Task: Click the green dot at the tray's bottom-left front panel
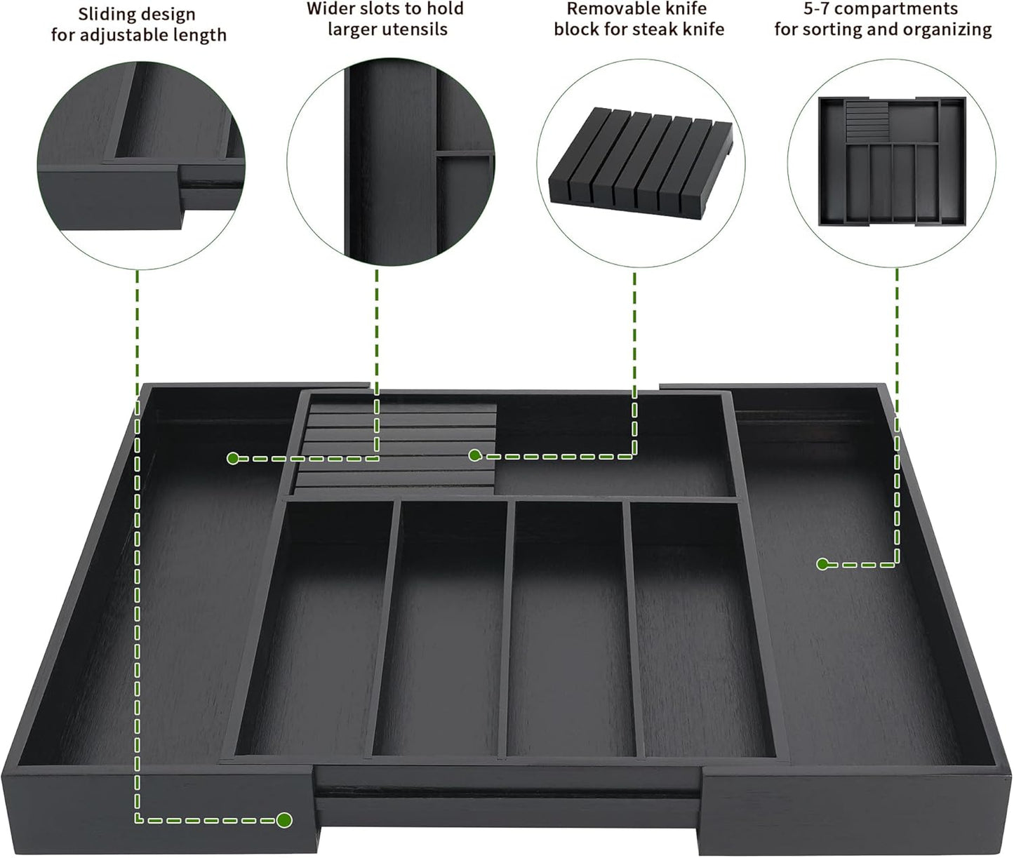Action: (x=284, y=820)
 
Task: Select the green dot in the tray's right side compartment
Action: (x=822, y=563)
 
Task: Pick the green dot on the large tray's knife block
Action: (x=475, y=456)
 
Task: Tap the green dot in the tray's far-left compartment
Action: (x=233, y=458)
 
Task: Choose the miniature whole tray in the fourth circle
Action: (x=892, y=162)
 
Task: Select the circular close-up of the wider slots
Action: (x=390, y=162)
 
